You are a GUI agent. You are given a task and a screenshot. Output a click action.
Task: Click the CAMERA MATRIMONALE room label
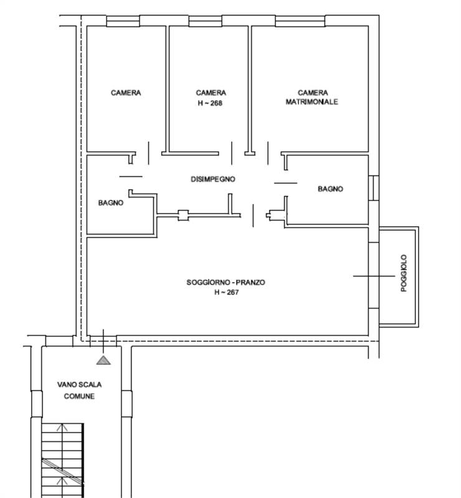point(311,97)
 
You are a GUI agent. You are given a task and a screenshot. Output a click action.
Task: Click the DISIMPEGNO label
point(212,179)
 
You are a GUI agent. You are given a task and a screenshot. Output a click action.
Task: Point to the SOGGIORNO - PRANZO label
point(226,283)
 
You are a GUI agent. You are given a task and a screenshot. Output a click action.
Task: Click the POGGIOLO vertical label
point(404,273)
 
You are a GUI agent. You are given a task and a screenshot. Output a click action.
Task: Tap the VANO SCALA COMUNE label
point(79,390)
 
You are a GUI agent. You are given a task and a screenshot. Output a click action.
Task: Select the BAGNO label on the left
point(111,202)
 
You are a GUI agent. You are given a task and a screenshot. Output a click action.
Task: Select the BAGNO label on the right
point(330,189)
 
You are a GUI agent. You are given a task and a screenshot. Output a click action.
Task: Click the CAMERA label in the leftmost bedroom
point(126,93)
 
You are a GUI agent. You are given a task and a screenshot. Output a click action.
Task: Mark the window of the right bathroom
point(374,187)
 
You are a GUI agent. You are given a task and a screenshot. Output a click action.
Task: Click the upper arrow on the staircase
point(62,428)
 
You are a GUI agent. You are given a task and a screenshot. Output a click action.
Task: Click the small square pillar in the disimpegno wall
point(183,215)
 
